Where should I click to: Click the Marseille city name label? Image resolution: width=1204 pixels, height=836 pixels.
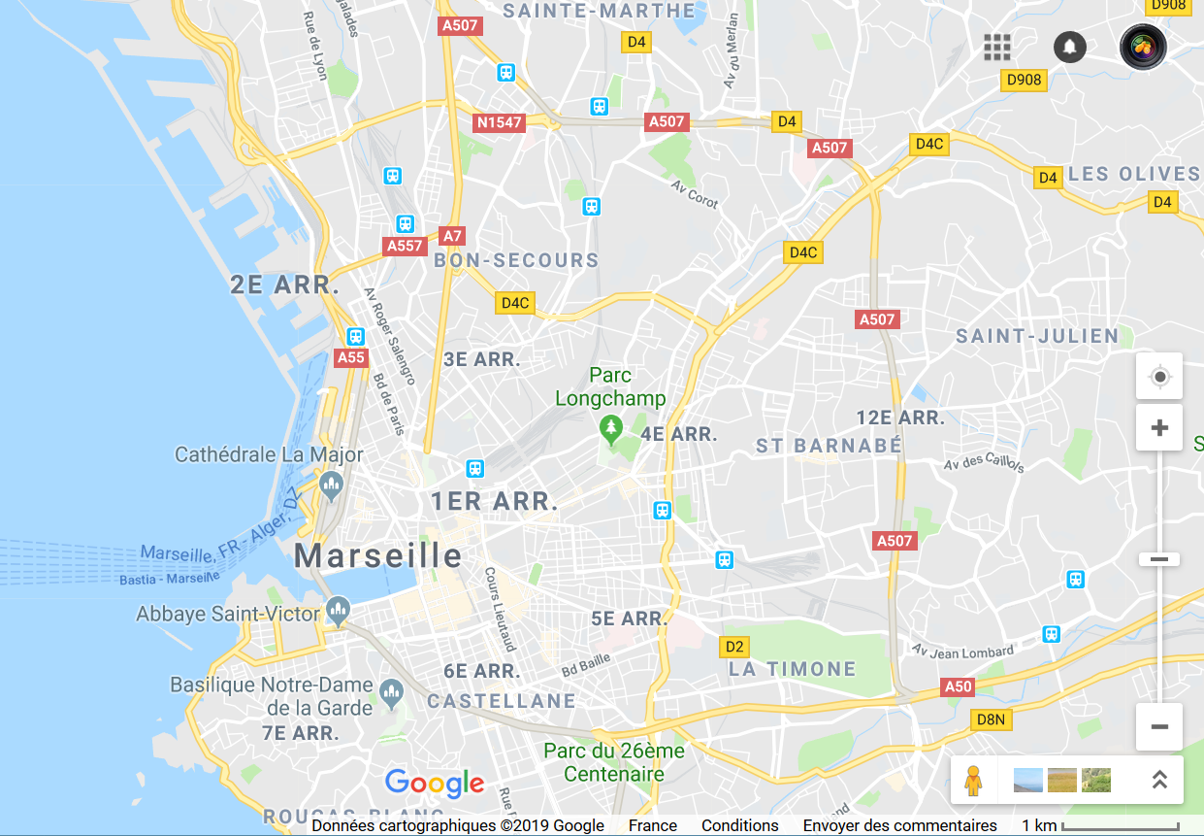click(378, 555)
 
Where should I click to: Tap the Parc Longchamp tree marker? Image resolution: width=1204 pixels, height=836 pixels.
click(610, 427)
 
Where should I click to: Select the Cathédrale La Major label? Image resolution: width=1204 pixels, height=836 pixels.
click(269, 454)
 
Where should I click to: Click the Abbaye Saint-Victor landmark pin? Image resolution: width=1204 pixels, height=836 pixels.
click(339, 611)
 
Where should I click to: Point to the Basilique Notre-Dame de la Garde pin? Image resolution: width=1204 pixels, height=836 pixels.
click(391, 692)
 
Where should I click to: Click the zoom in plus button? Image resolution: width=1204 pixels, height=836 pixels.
click(1159, 428)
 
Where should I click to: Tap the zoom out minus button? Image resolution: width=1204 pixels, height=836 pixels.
click(1159, 726)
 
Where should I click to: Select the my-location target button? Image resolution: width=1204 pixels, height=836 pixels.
click(1159, 377)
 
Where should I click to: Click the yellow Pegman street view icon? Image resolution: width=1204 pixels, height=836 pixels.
click(973, 780)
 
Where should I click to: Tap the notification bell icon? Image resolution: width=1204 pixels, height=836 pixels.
click(1070, 47)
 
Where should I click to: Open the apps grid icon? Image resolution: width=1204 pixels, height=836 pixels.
click(997, 47)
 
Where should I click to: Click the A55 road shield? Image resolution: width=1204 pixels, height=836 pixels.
click(351, 357)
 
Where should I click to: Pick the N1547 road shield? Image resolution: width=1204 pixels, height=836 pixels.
click(499, 122)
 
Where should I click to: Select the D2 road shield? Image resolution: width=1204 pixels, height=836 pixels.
click(734, 647)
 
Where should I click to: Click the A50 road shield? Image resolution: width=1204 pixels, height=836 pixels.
click(958, 687)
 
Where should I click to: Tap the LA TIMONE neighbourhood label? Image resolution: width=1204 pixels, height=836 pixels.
click(793, 669)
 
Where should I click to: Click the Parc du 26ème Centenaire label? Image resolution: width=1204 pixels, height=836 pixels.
click(614, 762)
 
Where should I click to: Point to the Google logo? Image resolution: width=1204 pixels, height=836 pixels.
click(435, 783)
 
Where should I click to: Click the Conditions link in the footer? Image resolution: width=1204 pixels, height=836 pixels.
click(740, 825)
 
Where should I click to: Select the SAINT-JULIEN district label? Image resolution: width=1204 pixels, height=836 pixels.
click(1037, 336)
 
